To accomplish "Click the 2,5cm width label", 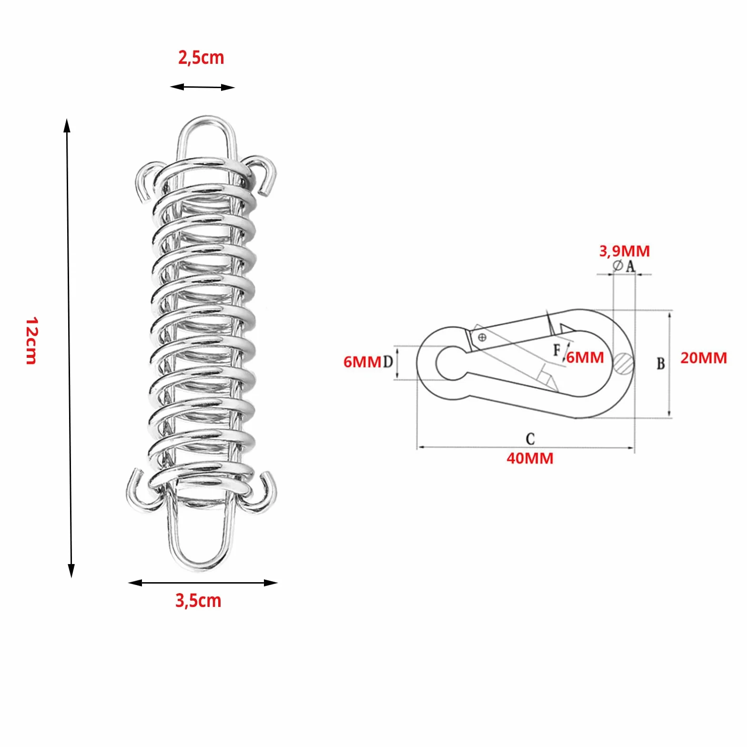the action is (x=201, y=58).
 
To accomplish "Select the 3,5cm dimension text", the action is (x=198, y=600).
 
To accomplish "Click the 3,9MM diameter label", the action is (x=624, y=251).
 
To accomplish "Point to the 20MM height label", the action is (x=703, y=358).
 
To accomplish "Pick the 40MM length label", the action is (x=530, y=458).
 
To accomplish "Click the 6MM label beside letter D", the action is (x=363, y=362).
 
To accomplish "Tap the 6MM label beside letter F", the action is (x=585, y=357).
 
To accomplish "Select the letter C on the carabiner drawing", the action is (x=530, y=438).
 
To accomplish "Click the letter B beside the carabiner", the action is (x=660, y=363).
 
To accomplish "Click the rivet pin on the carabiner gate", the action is (x=482, y=338).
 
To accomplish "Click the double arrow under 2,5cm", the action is (x=202, y=87).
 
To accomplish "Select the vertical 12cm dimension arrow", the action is (x=69, y=348).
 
